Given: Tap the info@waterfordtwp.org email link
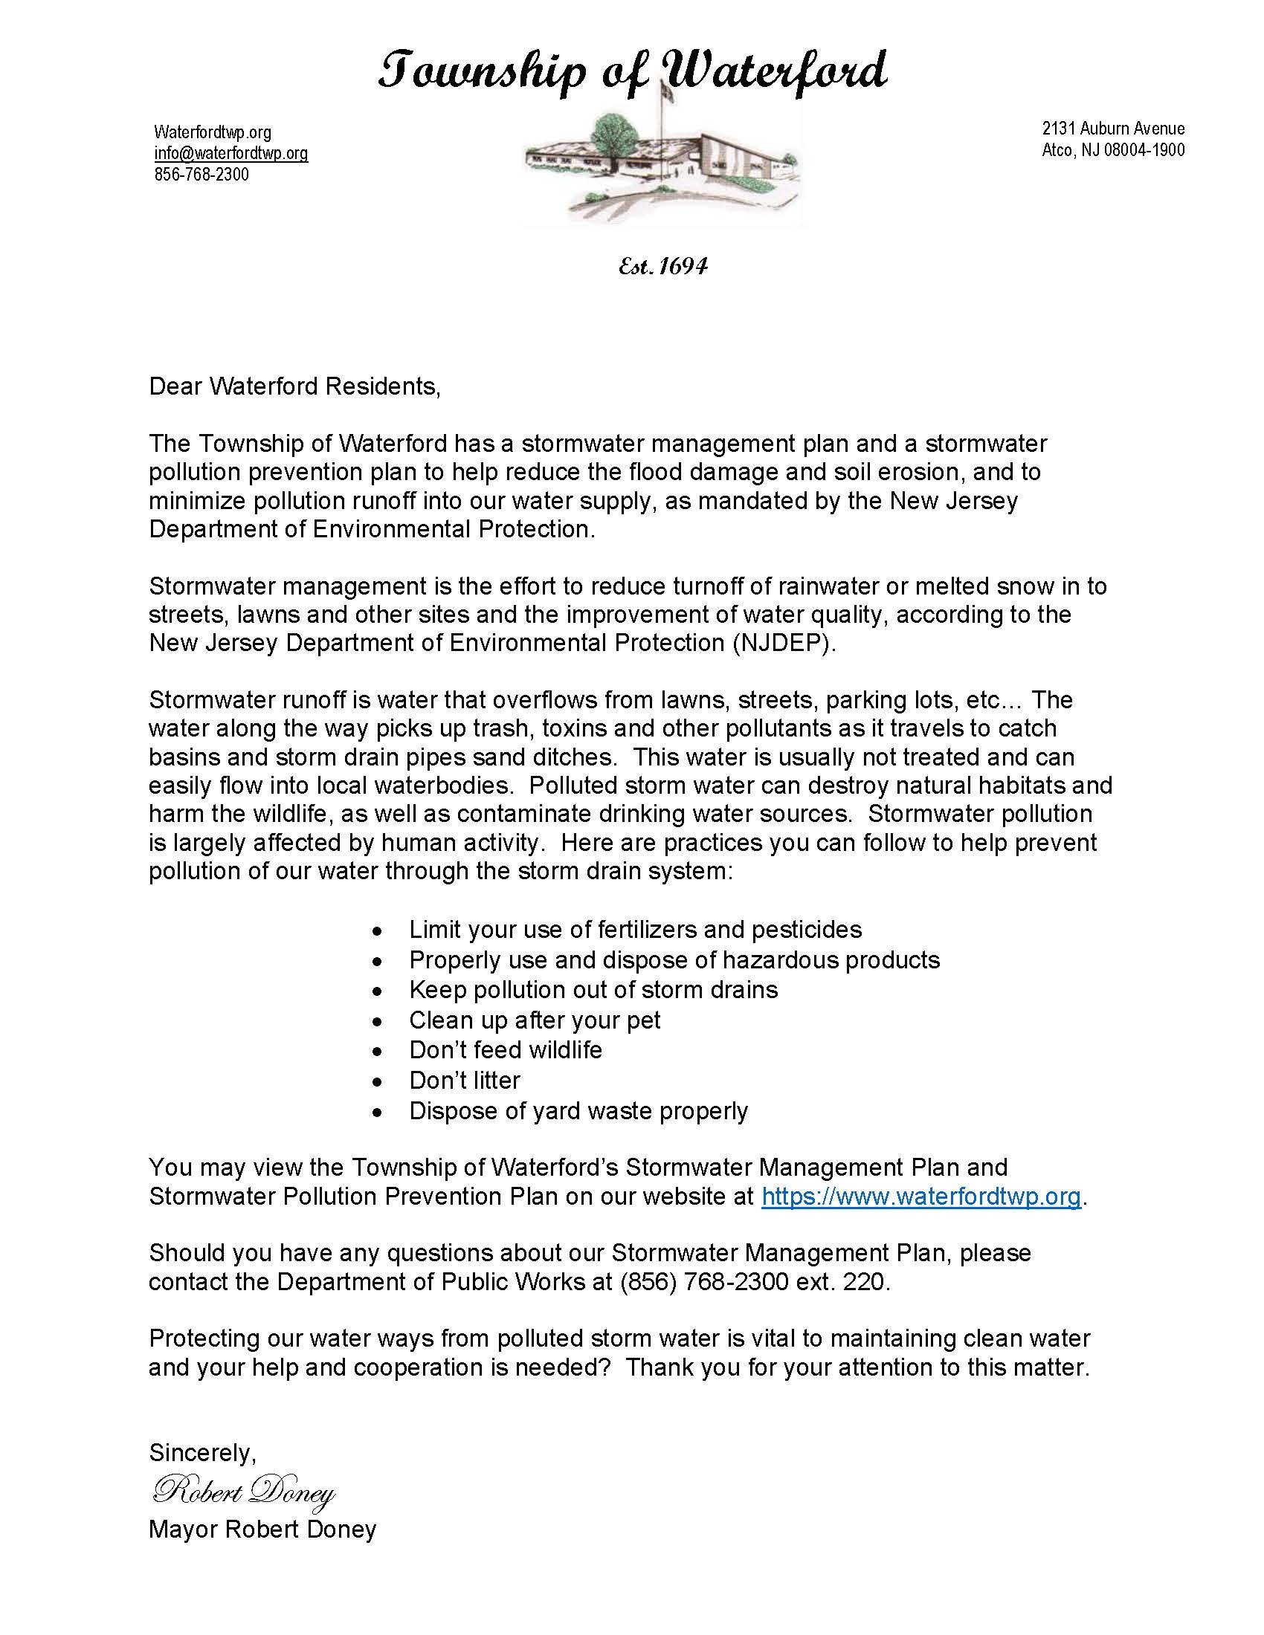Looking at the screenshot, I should pos(230,154).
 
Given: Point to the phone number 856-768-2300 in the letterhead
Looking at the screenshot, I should pos(201,175).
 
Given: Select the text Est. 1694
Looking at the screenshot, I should pos(662,266).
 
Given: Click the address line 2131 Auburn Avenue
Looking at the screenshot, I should pos(1113,129).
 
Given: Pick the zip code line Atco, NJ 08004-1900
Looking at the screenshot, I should pos(1113,149).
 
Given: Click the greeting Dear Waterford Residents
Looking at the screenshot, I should pos(294,386).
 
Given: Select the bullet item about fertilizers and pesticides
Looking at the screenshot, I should pos(635,930).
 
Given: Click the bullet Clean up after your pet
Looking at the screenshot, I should pos(535,1020).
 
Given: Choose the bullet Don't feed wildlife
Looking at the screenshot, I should pos(506,1050).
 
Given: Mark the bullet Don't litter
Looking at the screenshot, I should pos(464,1081).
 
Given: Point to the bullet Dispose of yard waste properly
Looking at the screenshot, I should pos(578,1111).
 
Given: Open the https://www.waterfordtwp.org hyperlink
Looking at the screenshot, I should pos(921,1197).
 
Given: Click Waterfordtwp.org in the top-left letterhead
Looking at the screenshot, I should pos(213,132).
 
